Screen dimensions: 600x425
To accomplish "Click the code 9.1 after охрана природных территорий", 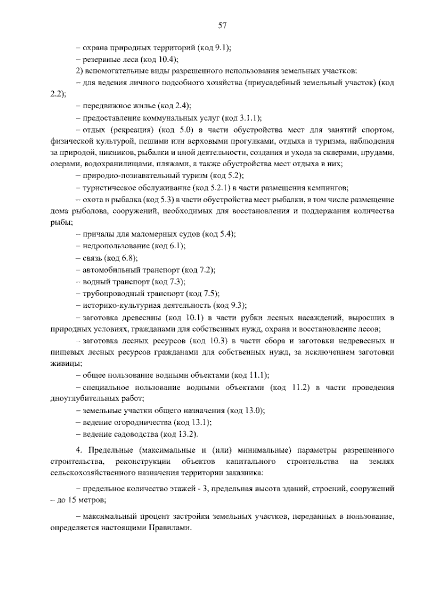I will (x=222, y=48).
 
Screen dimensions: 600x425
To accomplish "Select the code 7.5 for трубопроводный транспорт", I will (x=209, y=293).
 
